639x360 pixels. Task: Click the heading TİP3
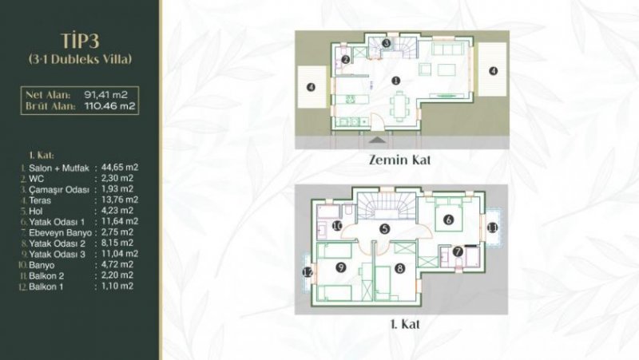[x=80, y=41]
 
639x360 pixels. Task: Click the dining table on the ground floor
[x=400, y=104]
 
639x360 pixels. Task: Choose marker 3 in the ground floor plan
[x=385, y=42]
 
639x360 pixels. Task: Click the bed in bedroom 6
[x=449, y=220]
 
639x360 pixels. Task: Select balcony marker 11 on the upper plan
[x=492, y=229]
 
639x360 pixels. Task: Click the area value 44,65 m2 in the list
[x=117, y=167]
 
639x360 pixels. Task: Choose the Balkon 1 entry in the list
[x=47, y=285]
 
